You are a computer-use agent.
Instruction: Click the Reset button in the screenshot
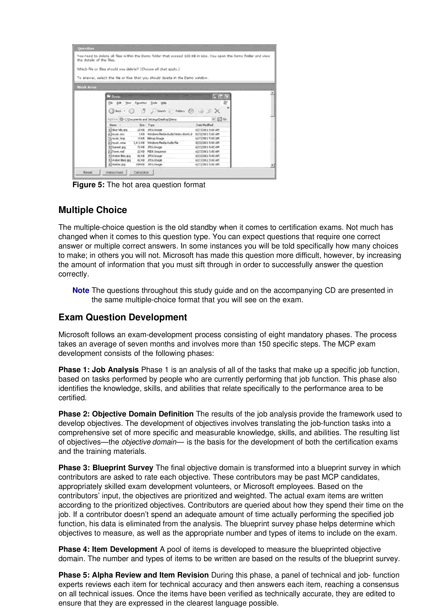[x=88, y=172]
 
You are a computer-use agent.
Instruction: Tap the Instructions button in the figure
[x=114, y=172]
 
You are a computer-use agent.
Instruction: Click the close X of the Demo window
[x=227, y=97]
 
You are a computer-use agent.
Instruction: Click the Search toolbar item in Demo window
[x=158, y=111]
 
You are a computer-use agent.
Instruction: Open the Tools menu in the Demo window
[x=154, y=103]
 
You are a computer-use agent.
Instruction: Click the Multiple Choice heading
[x=93, y=210]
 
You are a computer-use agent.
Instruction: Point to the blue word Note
[x=81, y=290]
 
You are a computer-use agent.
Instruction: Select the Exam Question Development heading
[x=122, y=317]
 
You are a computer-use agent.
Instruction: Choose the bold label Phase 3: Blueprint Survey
[x=106, y=468]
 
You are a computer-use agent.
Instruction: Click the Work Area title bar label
[x=87, y=87]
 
